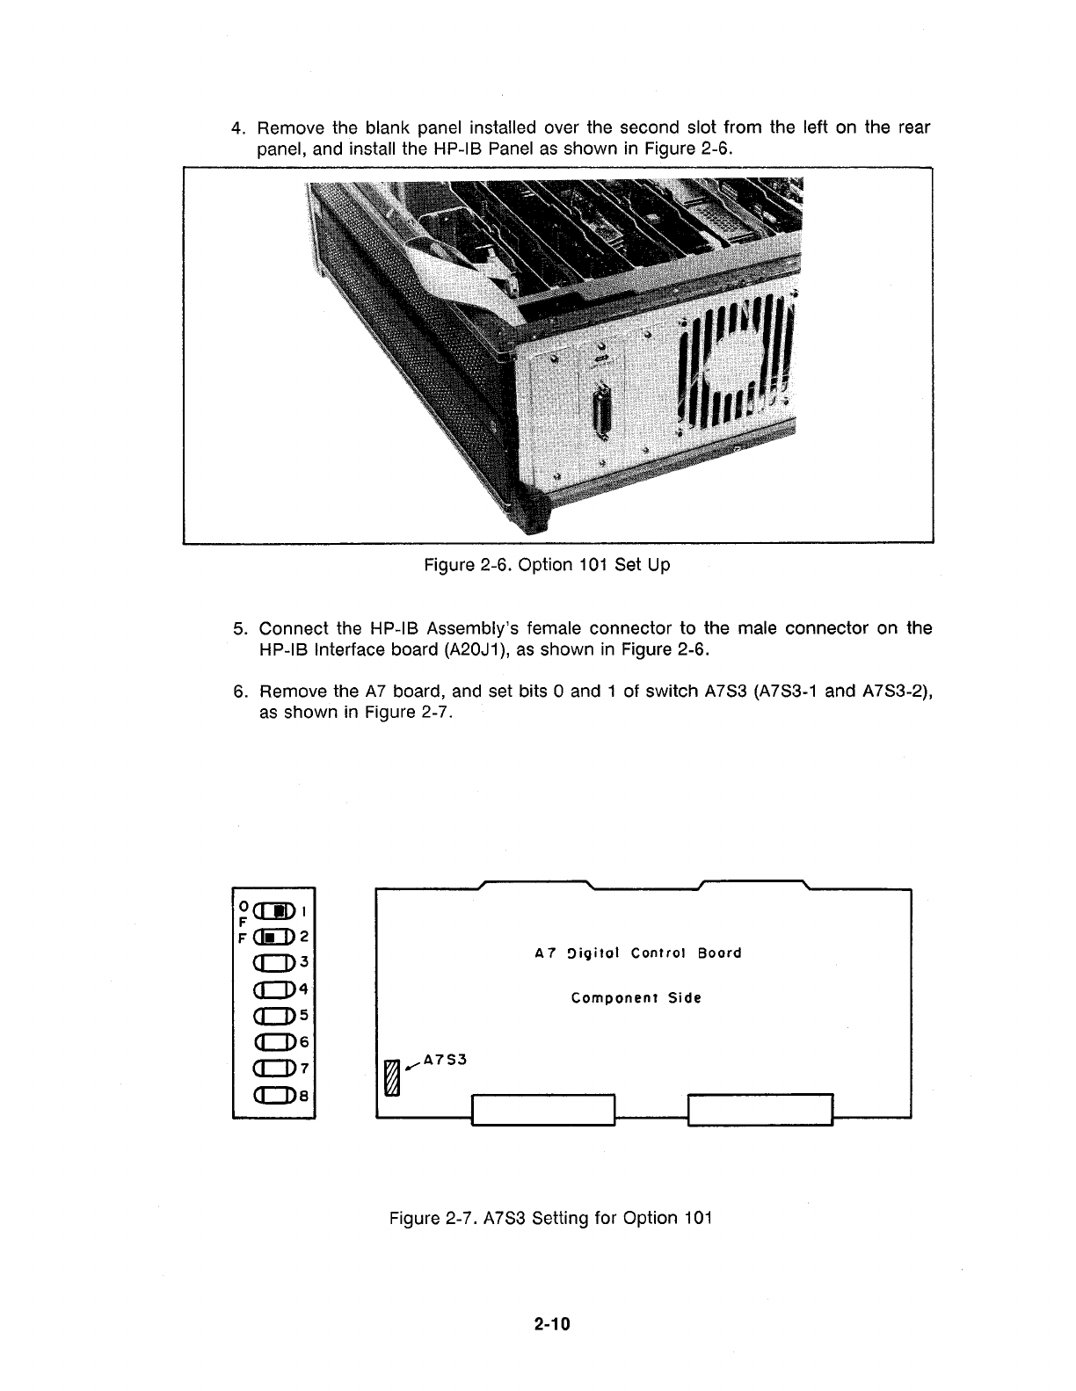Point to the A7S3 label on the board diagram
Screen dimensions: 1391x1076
pyautogui.click(x=444, y=1059)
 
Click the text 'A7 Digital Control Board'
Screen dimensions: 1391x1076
pyautogui.click(x=638, y=953)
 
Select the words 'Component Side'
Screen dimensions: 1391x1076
pyautogui.click(x=636, y=998)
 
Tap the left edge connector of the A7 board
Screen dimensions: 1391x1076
pyautogui.click(x=543, y=1109)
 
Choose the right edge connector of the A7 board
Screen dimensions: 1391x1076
pyautogui.click(x=760, y=1109)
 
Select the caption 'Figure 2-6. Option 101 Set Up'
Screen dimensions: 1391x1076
pyautogui.click(x=546, y=565)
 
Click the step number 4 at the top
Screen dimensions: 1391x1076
pyautogui.click(x=236, y=128)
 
